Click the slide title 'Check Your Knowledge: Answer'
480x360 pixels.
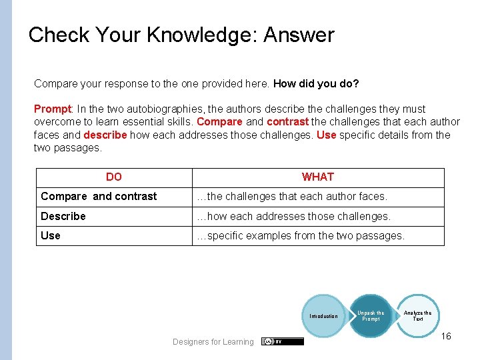tap(181, 35)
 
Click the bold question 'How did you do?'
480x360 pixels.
tap(316, 84)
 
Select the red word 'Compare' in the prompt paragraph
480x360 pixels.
tap(220, 122)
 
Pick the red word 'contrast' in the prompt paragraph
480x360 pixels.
tap(287, 122)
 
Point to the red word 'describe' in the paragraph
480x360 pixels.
tap(105, 135)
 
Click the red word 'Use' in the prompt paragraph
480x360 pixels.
tap(326, 135)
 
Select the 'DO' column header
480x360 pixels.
tap(114, 177)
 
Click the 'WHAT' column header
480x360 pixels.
tap(318, 177)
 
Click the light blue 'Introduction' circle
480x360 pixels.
tap(323, 316)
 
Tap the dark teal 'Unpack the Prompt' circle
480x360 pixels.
tap(371, 315)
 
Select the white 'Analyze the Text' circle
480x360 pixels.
tap(418, 315)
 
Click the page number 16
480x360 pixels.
tap(446, 336)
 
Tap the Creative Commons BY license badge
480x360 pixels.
tap(283, 341)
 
